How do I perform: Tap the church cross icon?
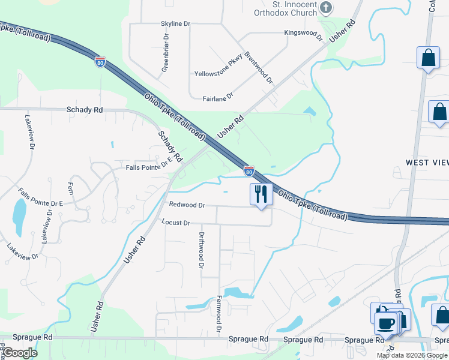(326, 8)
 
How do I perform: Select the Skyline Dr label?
(175, 23)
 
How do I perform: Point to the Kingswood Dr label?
(304, 34)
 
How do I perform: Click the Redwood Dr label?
(187, 205)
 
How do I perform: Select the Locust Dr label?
(176, 223)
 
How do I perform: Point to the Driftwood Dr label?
(202, 251)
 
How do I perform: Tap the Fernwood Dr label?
(219, 314)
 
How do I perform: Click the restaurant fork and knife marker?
(261, 194)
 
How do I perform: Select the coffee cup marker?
(384, 323)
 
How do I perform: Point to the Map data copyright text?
(412, 355)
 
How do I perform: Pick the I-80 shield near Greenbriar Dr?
(101, 61)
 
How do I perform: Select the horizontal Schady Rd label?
(85, 110)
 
